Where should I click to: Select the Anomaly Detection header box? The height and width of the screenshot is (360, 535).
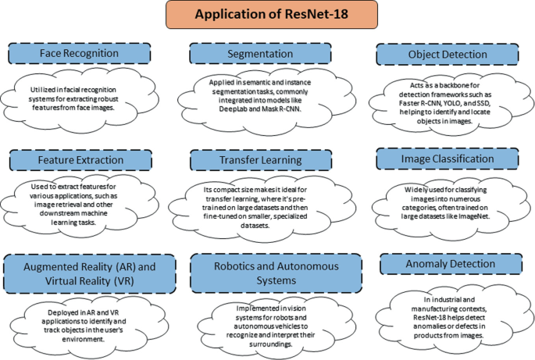click(447, 264)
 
